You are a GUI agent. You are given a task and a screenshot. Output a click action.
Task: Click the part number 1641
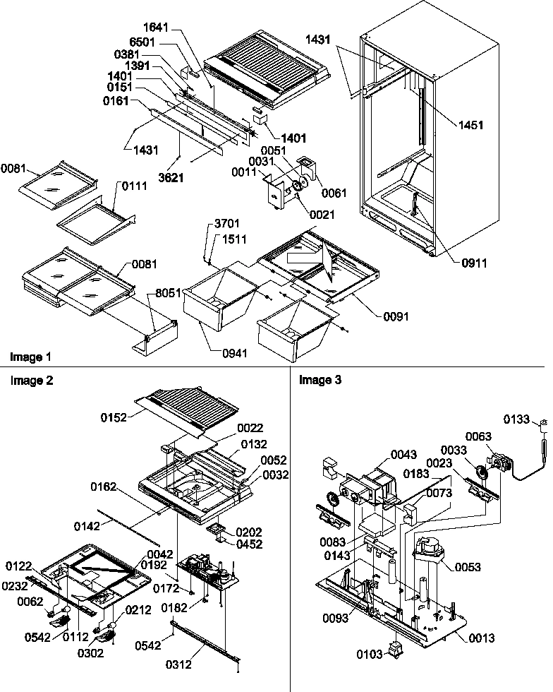click(x=159, y=30)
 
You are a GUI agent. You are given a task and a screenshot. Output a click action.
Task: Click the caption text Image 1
click(x=30, y=357)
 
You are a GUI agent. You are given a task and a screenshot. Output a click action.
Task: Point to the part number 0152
click(x=114, y=417)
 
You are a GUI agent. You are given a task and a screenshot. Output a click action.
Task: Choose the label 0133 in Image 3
click(x=517, y=419)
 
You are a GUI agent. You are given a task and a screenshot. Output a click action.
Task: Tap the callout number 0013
click(x=480, y=638)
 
